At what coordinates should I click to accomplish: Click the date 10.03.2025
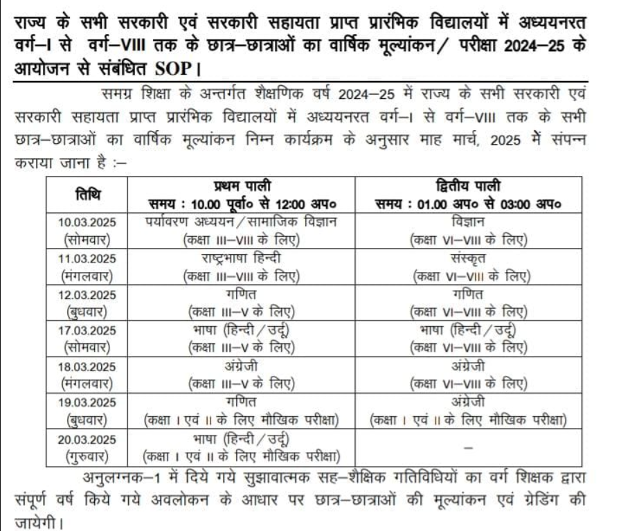coord(87,222)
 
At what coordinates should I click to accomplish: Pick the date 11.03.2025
coord(87,258)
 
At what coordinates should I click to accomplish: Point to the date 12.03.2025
coord(87,294)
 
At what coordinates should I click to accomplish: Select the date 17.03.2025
coord(87,330)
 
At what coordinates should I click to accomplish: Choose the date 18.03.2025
coord(87,365)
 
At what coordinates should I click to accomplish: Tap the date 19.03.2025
coord(87,402)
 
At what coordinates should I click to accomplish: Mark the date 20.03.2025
coord(87,438)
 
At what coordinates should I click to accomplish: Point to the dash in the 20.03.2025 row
coord(468,448)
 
